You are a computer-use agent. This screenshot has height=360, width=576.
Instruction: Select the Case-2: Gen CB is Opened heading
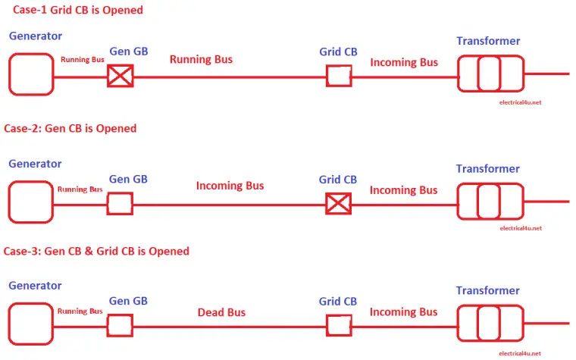pos(70,128)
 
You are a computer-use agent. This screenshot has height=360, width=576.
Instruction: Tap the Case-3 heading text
pos(96,250)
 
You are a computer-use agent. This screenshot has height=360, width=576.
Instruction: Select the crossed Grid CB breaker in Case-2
pos(338,203)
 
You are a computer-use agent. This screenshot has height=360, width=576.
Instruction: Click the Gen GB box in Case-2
pos(120,203)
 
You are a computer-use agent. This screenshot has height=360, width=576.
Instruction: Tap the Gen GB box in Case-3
pos(120,325)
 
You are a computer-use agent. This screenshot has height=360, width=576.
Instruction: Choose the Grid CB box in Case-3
pos(338,325)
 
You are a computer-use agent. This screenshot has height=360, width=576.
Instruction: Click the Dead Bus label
pos(221,312)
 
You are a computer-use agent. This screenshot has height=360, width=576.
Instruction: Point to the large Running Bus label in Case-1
pos(201,59)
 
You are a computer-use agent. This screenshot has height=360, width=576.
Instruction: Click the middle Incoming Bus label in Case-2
pos(230,186)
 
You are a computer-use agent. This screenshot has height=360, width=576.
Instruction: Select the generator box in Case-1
pos(31,74)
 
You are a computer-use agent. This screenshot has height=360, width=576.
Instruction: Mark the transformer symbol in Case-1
pos(489,74)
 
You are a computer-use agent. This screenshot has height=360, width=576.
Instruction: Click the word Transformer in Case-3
pos(487,291)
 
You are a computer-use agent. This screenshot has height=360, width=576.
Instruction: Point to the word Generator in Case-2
pos(35,164)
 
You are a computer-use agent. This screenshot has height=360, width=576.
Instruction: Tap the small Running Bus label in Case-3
pos(80,311)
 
